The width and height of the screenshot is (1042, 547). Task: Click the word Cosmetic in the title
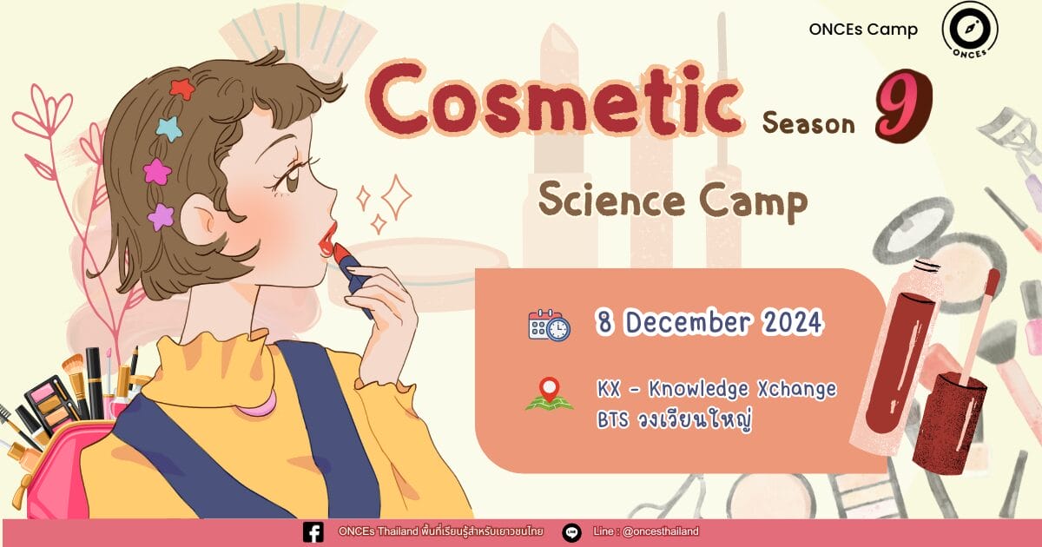pyautogui.click(x=554, y=101)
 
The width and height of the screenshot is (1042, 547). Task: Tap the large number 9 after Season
pyautogui.click(x=903, y=106)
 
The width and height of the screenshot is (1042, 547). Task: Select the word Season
pyautogui.click(x=808, y=123)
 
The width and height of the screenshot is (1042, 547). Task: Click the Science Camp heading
pyautogui.click(x=673, y=201)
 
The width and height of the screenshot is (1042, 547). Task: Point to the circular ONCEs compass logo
pyautogui.click(x=969, y=29)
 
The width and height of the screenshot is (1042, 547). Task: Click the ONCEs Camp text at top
pyautogui.click(x=863, y=30)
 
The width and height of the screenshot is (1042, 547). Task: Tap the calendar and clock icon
pyautogui.click(x=549, y=325)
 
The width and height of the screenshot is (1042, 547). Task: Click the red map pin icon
pyautogui.click(x=550, y=390)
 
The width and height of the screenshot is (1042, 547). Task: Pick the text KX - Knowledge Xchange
pyautogui.click(x=717, y=389)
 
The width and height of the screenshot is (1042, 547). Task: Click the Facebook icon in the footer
pyautogui.click(x=313, y=532)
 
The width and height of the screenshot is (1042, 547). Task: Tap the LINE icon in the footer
pyautogui.click(x=571, y=532)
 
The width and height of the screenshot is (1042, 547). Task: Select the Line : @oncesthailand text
pyautogui.click(x=646, y=531)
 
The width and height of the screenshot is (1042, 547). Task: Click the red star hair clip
pyautogui.click(x=181, y=89)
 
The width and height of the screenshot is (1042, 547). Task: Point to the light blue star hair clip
pyautogui.click(x=168, y=128)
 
